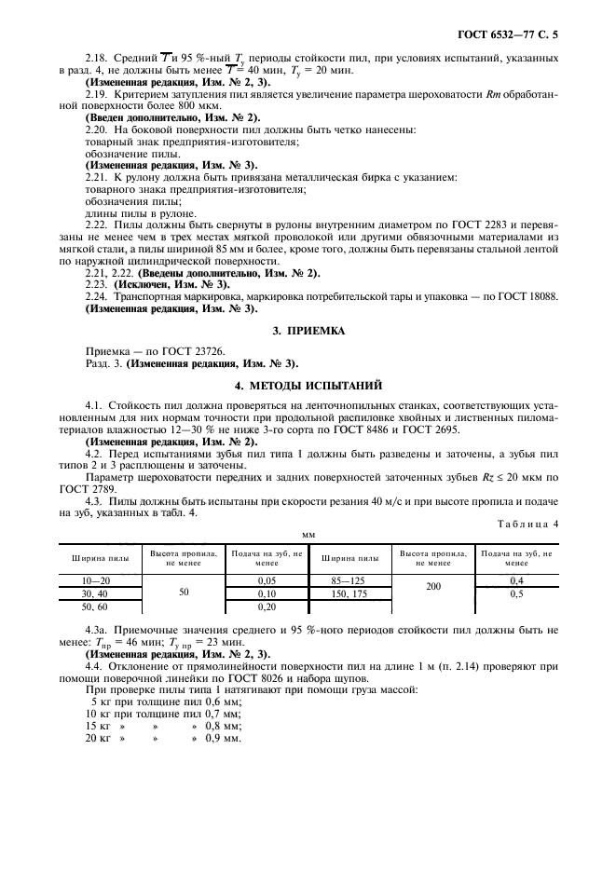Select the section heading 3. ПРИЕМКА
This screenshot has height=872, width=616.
tap(308, 330)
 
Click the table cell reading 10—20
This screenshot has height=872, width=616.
tap(97, 579)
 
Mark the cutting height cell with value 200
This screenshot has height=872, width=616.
tap(433, 586)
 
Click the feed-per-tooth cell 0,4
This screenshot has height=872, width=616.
tap(515, 579)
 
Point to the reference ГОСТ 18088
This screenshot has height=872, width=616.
tap(527, 294)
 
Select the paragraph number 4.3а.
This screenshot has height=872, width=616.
tap(97, 631)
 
